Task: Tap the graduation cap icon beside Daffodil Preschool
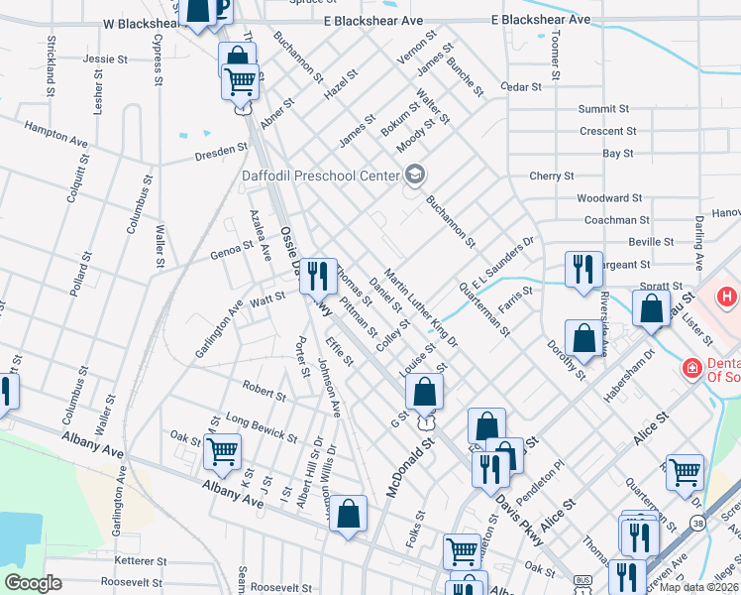click(415, 176)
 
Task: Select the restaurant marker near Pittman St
click(318, 275)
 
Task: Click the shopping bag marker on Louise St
click(424, 392)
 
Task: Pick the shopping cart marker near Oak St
click(222, 451)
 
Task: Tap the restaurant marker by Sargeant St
click(583, 269)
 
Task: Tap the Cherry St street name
click(552, 176)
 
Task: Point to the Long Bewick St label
click(262, 427)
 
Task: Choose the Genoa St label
click(233, 249)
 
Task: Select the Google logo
click(33, 583)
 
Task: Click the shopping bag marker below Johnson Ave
click(348, 514)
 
